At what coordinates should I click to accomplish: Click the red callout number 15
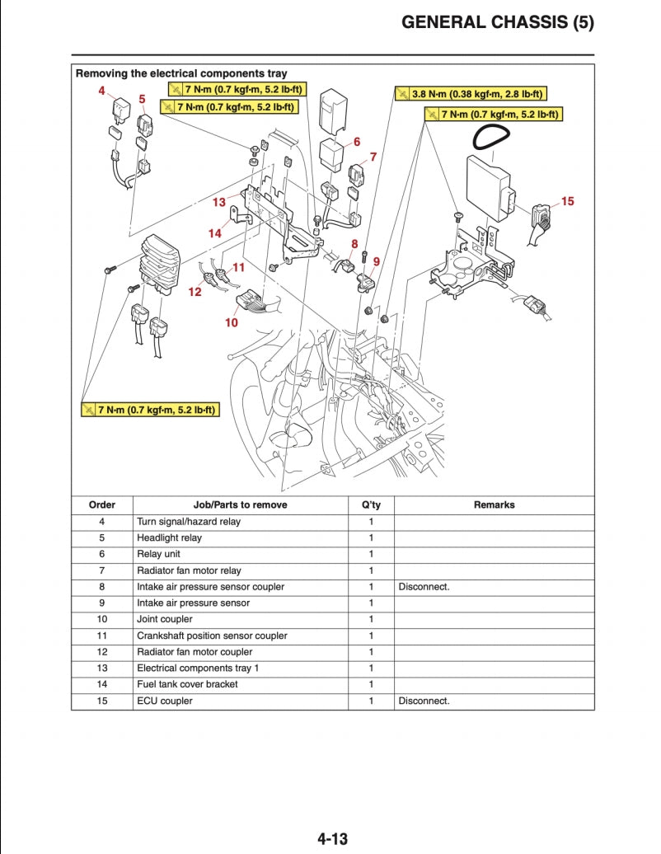click(567, 200)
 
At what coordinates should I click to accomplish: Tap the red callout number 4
click(102, 91)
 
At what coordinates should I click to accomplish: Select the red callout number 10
click(232, 322)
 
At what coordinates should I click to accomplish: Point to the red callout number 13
click(218, 202)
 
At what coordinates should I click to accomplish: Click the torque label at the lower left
click(150, 409)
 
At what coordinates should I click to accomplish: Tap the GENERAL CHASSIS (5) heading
click(497, 22)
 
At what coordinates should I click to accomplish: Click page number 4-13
click(332, 839)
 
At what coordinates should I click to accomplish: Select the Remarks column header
click(494, 504)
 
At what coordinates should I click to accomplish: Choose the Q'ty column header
click(371, 504)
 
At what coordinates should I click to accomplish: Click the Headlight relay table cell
click(169, 537)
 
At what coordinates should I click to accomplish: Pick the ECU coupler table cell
click(165, 701)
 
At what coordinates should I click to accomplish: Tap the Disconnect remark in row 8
click(424, 587)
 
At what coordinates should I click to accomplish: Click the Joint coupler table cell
click(165, 619)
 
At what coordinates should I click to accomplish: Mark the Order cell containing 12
click(102, 652)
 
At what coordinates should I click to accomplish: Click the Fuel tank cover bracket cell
click(187, 684)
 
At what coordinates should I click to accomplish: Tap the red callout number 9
click(376, 261)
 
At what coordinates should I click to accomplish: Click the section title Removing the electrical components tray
click(181, 73)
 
